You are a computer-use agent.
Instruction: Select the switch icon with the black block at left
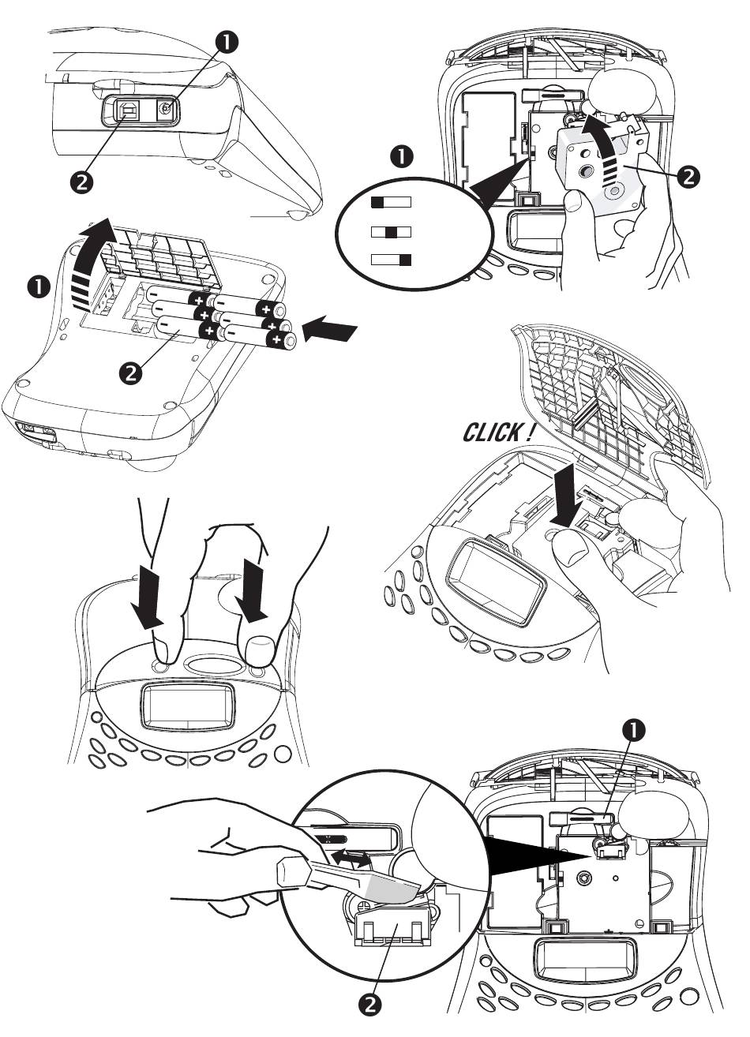tap(391, 202)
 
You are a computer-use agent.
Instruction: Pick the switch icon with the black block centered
tap(391, 232)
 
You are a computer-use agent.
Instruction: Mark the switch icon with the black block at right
tap(391, 260)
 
